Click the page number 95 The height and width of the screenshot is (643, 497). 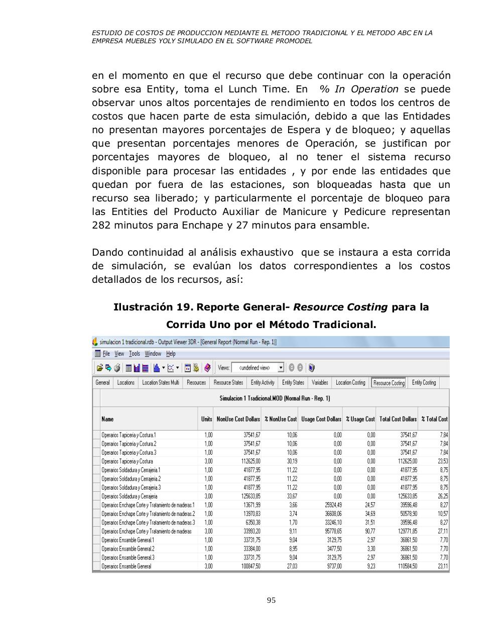[x=271, y=600]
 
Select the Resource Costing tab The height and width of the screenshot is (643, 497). [x=389, y=383]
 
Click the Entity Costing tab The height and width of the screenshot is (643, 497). [x=424, y=383]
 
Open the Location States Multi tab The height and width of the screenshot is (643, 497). [x=160, y=383]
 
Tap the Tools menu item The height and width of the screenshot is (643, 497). [x=134, y=354]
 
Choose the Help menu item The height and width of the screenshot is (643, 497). [x=171, y=354]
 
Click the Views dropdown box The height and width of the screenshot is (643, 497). [x=258, y=368]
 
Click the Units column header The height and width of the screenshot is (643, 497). [x=206, y=419]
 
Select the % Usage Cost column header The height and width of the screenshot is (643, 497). [x=360, y=419]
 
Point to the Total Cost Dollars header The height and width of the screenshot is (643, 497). [x=398, y=419]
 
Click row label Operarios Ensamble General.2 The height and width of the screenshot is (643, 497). [x=128, y=549]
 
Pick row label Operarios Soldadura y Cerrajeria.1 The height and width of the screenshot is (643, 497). [x=131, y=470]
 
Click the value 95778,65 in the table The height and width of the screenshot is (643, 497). [x=331, y=531]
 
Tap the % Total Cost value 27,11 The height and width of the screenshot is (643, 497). [x=442, y=531]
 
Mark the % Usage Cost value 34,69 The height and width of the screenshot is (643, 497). [x=369, y=514]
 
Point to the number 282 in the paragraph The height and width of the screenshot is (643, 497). [x=101, y=225]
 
